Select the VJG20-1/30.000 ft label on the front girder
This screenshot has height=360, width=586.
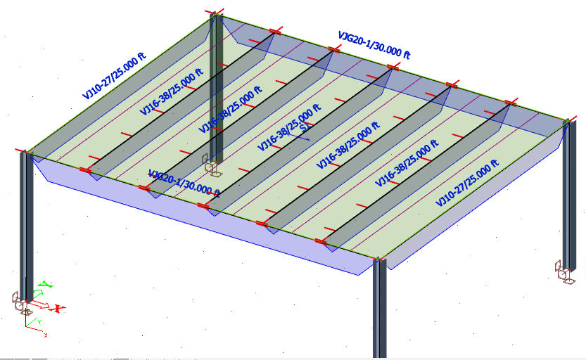pyautogui.click(x=185, y=182)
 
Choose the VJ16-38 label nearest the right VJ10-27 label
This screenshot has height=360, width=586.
pyautogui.click(x=407, y=162)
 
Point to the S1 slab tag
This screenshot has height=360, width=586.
pyautogui.click(x=304, y=128)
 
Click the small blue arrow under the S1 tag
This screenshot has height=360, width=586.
pyautogui.click(x=300, y=136)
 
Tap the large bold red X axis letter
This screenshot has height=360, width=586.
pyautogui.click(x=59, y=308)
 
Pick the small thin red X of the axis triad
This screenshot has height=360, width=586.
pyautogui.click(x=46, y=335)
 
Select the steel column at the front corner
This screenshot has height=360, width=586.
pyautogui.click(x=379, y=309)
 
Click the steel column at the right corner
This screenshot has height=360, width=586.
pyautogui.click(x=568, y=197)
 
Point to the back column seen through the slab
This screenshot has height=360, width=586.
pyautogui.click(x=216, y=91)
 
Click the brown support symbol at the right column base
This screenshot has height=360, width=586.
pyautogui.click(x=564, y=271)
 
